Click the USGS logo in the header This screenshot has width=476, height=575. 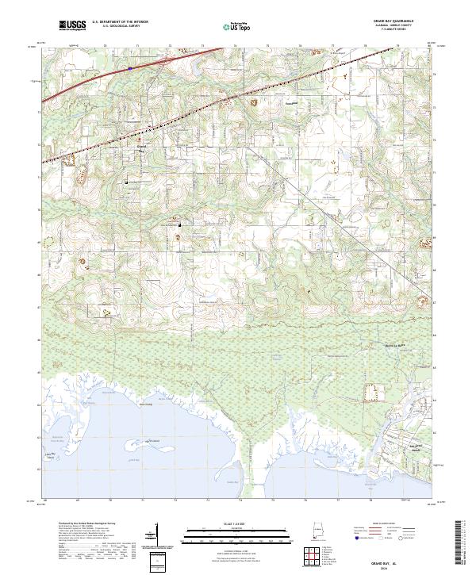click(71, 25)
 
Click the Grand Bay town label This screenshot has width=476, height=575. click(142, 148)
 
